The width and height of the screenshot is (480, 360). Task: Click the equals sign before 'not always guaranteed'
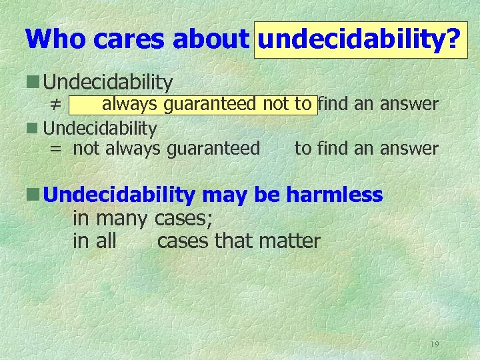click(57, 149)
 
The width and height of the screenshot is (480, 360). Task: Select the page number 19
click(435, 345)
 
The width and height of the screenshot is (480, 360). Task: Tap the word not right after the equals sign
click(84, 148)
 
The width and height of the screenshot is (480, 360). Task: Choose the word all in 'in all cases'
click(106, 241)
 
